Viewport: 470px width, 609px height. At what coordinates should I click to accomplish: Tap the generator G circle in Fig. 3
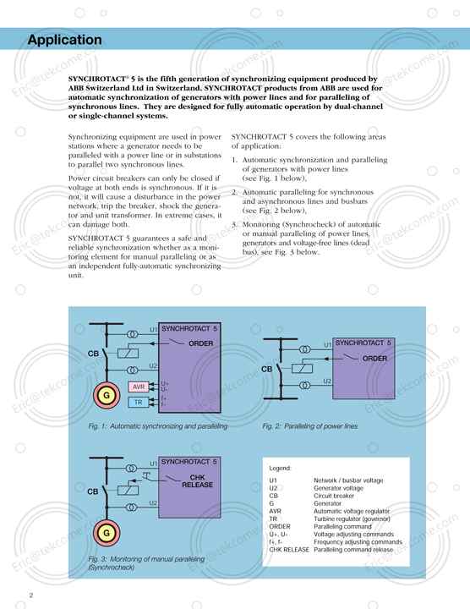coord(107,534)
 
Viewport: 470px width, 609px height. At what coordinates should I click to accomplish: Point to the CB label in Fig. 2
coord(266,370)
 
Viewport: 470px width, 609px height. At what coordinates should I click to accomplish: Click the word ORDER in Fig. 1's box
coord(201,344)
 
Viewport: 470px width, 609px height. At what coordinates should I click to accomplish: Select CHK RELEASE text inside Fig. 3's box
coord(197,481)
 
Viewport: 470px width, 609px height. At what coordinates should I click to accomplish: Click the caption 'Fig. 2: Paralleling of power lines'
coord(309,425)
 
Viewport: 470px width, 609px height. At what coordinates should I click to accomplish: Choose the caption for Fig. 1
coord(158,425)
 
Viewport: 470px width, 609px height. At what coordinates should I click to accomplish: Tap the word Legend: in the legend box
coord(280,468)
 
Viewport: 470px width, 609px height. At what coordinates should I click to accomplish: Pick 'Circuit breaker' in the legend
coord(336,496)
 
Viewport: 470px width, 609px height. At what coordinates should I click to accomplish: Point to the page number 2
coord(30,597)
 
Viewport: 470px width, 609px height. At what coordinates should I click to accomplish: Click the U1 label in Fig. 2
coord(328,345)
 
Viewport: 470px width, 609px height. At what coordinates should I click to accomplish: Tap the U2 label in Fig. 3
coord(153,503)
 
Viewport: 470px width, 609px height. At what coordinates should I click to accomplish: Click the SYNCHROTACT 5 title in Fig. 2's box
coord(363,343)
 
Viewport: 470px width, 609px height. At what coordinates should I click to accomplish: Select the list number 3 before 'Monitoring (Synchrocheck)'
coord(234,224)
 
